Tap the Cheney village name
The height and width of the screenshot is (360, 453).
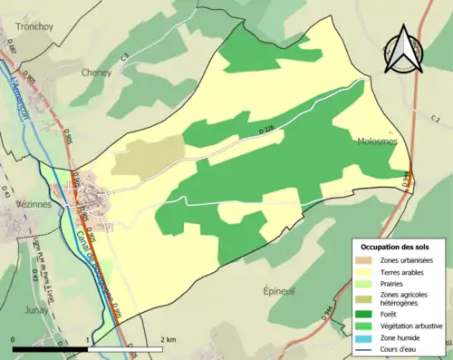point(96,73)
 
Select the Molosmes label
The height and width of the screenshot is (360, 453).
point(377,141)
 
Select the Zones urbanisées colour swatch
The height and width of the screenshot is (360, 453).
point(365,261)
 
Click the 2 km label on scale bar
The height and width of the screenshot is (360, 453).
point(169,338)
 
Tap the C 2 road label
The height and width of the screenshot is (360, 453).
point(435,118)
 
